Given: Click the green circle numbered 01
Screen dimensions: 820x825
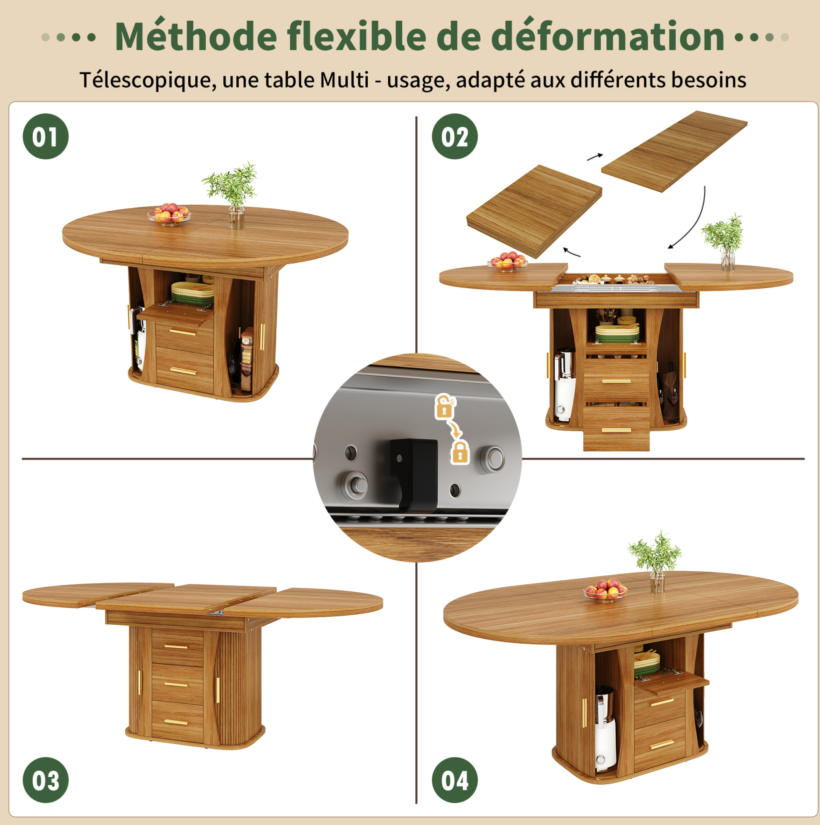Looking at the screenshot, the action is [x=46, y=136].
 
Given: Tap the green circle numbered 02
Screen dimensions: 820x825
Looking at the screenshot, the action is [x=455, y=136].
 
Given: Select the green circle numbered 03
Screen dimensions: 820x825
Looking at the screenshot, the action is [x=46, y=780].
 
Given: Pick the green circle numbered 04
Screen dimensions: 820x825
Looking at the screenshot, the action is [x=455, y=780].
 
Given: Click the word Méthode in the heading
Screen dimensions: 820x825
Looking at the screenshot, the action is [x=197, y=37].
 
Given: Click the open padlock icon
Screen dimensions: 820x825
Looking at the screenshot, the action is [x=445, y=406].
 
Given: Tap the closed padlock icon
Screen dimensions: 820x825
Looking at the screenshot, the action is [x=460, y=453].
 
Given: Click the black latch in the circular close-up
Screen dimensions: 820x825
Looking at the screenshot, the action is [x=414, y=474].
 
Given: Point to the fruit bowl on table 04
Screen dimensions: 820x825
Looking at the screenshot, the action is [x=605, y=590].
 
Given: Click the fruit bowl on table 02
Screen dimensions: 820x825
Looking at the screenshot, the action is [x=507, y=261].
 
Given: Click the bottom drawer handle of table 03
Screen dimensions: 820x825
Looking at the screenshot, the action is [x=176, y=722].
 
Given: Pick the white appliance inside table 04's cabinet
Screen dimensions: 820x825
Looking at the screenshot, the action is [x=605, y=730].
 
